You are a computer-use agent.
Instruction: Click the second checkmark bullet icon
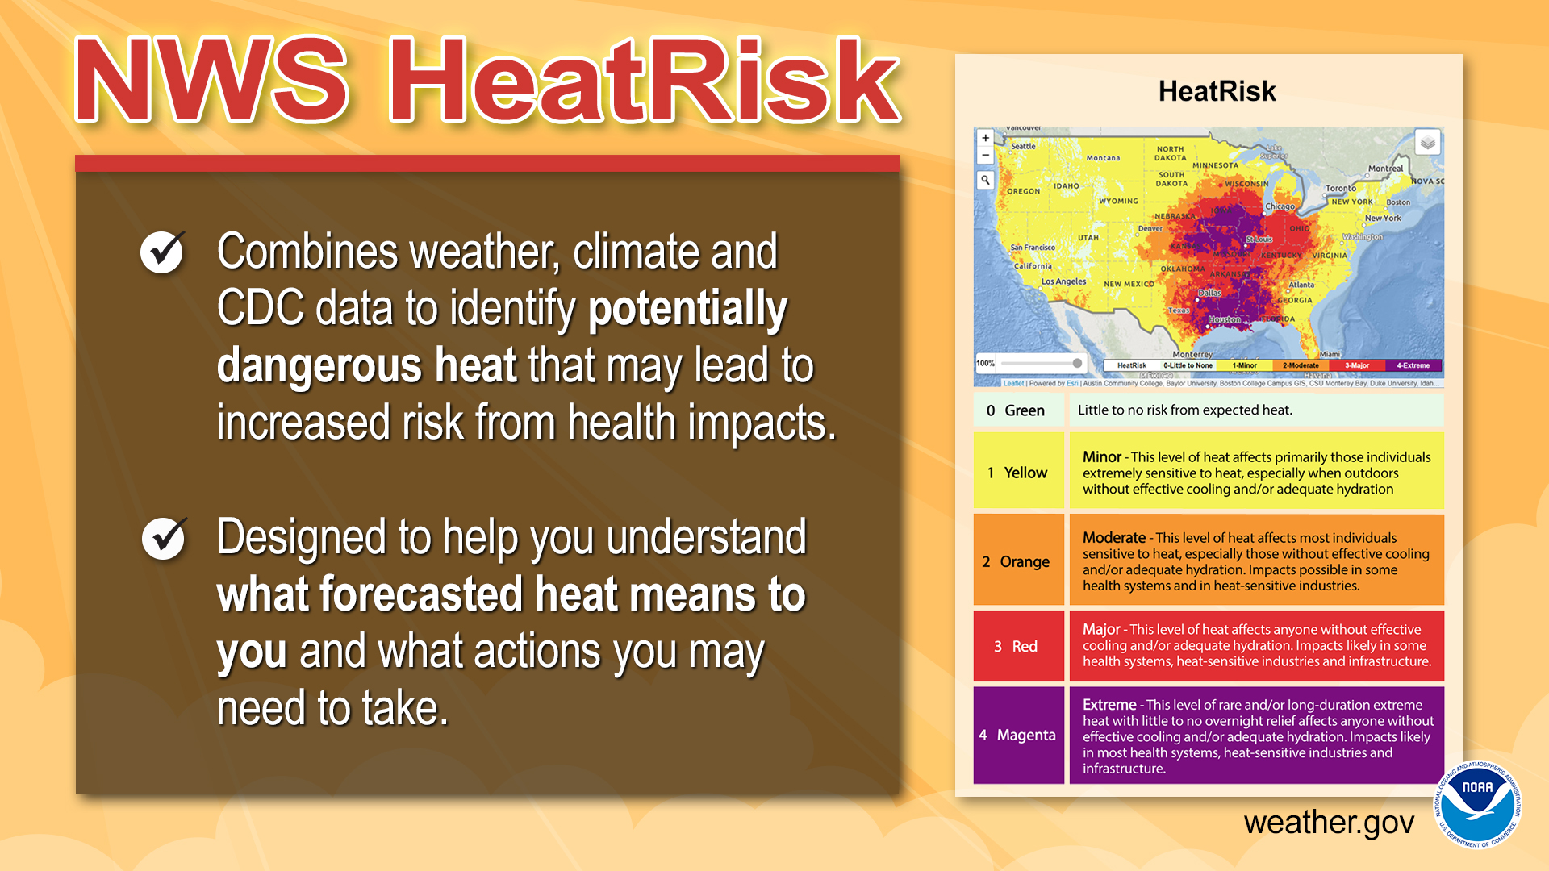point(164,538)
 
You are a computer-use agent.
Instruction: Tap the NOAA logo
point(1477,804)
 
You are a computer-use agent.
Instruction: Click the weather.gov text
point(1329,823)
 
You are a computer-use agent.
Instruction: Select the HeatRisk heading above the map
point(1217,91)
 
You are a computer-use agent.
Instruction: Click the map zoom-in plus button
point(985,138)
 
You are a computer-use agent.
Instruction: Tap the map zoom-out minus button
point(985,155)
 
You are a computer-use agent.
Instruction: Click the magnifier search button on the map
point(985,180)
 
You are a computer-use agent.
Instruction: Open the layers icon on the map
point(1427,144)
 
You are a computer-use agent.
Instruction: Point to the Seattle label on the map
point(1023,147)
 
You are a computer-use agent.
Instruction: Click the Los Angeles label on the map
point(1063,281)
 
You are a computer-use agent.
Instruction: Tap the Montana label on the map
point(1103,158)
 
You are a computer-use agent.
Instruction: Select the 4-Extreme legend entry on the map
point(1413,365)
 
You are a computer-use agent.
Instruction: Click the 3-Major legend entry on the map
point(1357,365)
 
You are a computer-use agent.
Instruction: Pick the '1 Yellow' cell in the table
point(1018,473)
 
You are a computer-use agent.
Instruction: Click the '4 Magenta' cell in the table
point(1018,735)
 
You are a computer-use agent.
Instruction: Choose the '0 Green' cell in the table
point(1017,410)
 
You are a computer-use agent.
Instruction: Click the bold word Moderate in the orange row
point(1113,537)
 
